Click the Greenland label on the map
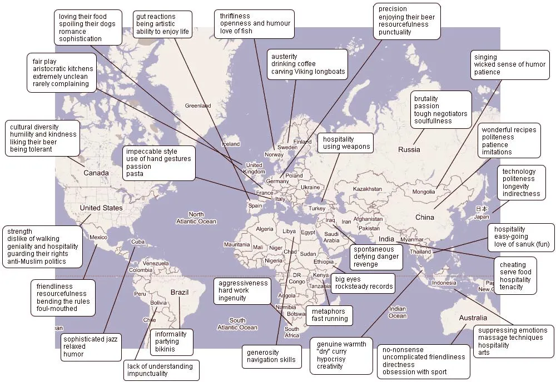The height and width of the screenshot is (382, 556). tap(198, 105)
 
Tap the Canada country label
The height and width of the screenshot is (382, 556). tap(96, 173)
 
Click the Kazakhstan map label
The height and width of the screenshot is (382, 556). tap(368, 189)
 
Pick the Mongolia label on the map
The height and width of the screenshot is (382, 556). tap(423, 192)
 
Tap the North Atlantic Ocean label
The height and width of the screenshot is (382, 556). tap(196, 218)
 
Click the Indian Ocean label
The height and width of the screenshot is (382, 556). tap(398, 313)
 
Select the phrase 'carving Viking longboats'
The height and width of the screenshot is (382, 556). tap(308, 72)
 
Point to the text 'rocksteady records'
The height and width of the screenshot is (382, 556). tap(364, 286)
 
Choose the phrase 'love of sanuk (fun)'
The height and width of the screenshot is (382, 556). tap(522, 244)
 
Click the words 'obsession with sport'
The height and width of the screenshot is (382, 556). tap(414, 372)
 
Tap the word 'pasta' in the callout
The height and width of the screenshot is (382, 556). tap(135, 174)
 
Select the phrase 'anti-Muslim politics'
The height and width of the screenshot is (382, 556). tap(37, 262)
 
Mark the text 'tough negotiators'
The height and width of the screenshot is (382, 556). tap(440, 114)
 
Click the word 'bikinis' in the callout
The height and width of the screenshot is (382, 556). tap(165, 349)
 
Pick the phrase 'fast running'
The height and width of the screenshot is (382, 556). tap(330, 319)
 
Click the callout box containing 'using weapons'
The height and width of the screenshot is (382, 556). tap(346, 143)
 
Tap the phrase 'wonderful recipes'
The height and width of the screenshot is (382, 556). tap(509, 130)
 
